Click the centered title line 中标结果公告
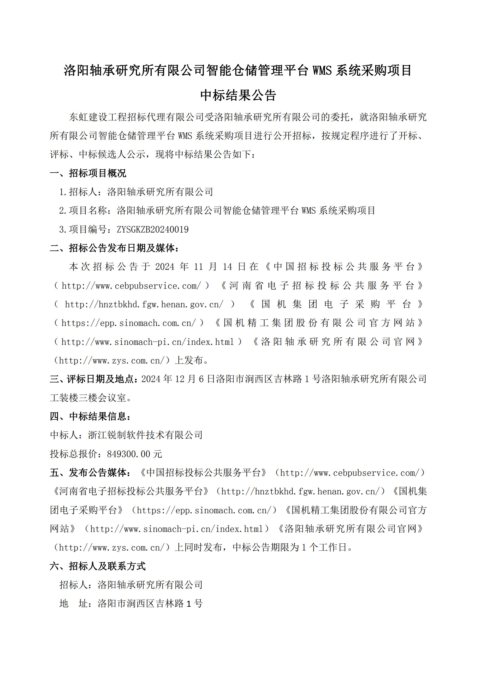[x=238, y=95]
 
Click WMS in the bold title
[x=322, y=71]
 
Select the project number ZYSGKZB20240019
[x=153, y=229]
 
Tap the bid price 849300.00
[x=129, y=454]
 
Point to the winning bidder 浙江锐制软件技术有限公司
[x=145, y=435]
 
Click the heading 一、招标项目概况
[x=88, y=173]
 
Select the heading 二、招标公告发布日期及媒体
[x=114, y=248]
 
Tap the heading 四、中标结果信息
[x=90, y=416]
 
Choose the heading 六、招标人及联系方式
[x=98, y=566]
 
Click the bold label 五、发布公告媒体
[x=90, y=473]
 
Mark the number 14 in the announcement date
[x=227, y=267]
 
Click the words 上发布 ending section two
[x=189, y=360]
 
